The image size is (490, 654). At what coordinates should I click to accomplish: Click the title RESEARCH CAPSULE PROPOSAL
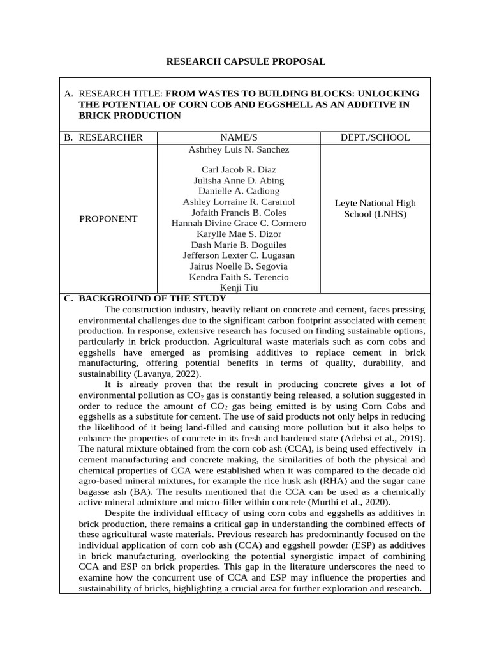pyautogui.click(x=246, y=61)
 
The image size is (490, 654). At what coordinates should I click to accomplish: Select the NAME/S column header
pyautogui.click(x=239, y=137)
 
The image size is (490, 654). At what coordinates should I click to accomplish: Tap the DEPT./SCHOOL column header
pyautogui.click(x=375, y=137)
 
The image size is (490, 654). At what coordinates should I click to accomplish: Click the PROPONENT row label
pyautogui.click(x=108, y=218)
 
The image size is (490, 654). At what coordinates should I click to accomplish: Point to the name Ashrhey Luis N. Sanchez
pyautogui.click(x=239, y=149)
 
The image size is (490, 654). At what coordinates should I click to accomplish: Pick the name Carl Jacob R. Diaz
pyautogui.click(x=239, y=170)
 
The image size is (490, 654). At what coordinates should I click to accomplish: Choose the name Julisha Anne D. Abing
pyautogui.click(x=239, y=181)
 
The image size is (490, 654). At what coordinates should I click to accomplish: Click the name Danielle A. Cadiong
pyautogui.click(x=239, y=191)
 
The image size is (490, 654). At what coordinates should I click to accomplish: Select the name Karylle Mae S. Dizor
pyautogui.click(x=239, y=234)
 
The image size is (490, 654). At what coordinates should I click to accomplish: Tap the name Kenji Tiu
pyautogui.click(x=239, y=287)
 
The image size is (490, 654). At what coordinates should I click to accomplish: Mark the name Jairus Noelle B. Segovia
pyautogui.click(x=239, y=266)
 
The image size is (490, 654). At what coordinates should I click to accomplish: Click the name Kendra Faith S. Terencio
pyautogui.click(x=239, y=277)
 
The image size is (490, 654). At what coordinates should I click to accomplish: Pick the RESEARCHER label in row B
pyautogui.click(x=110, y=137)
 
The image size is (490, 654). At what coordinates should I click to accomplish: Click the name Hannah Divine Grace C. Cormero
pyautogui.click(x=239, y=223)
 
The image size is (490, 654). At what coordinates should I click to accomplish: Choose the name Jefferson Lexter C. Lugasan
pyautogui.click(x=239, y=255)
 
